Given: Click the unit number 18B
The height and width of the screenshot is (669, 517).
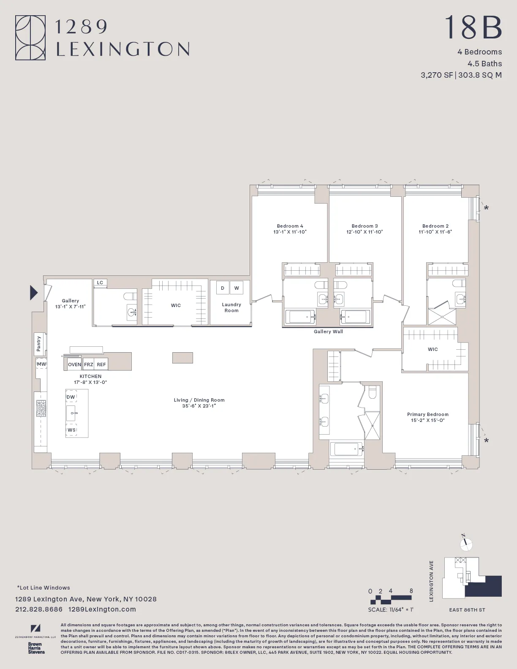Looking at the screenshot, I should [x=473, y=27].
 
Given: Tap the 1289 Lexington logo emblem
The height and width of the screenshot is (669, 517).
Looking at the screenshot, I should [x=30, y=38].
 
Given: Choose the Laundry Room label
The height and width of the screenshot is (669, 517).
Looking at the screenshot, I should [x=231, y=307].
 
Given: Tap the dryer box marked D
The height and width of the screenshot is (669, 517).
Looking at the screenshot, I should [x=223, y=288].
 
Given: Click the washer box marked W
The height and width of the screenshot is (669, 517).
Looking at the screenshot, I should [x=237, y=288].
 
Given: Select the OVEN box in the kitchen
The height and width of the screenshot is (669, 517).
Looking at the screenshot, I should [x=74, y=364].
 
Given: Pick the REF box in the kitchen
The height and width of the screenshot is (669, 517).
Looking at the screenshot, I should [x=101, y=364].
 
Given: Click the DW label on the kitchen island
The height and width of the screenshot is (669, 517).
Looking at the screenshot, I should [x=71, y=397].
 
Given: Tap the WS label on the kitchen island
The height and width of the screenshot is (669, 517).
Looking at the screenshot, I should [x=71, y=430].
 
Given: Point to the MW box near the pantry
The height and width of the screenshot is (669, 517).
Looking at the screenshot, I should [x=41, y=364].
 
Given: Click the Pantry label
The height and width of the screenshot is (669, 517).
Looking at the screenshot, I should [x=39, y=343].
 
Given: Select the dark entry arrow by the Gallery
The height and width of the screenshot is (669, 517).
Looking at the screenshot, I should [x=34, y=292].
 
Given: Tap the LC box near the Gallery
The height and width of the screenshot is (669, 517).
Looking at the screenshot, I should [x=100, y=283].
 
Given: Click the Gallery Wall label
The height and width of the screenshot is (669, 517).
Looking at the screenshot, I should [x=328, y=332].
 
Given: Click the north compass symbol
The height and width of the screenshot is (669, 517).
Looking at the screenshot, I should [x=466, y=544].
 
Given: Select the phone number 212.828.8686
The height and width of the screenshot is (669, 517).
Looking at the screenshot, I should [x=39, y=609].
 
